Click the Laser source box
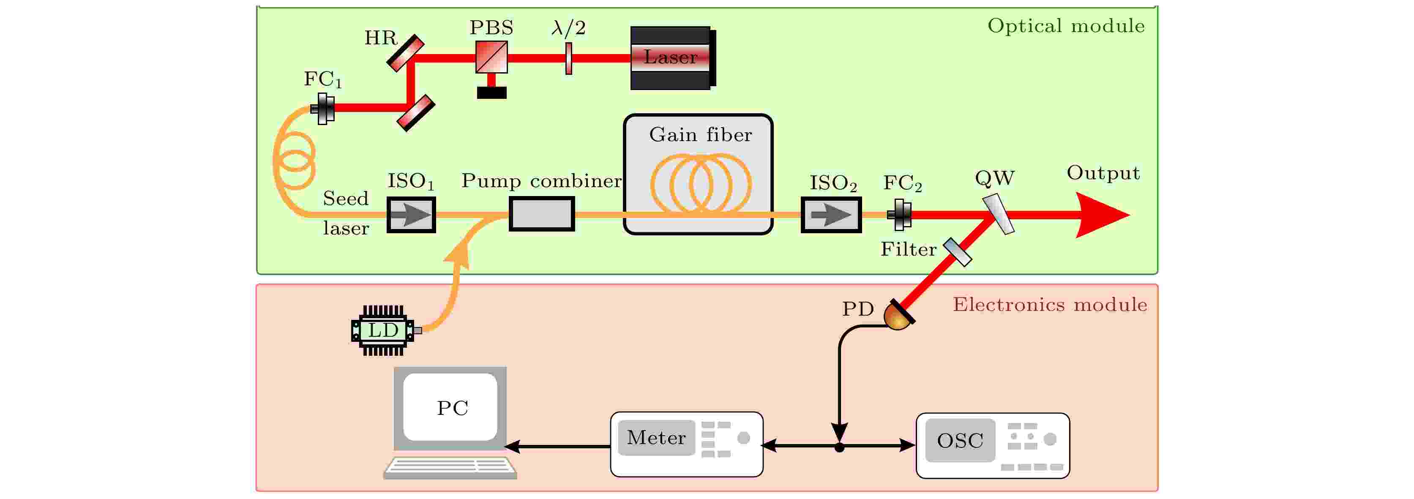tap(671, 57)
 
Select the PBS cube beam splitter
tap(491, 57)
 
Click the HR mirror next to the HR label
tap(406, 53)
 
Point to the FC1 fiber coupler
tap(323, 109)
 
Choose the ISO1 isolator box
tap(411, 215)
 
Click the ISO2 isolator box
tap(831, 215)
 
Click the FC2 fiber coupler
tap(900, 215)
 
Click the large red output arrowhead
tap(1100, 215)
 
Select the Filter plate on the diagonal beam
tap(957, 252)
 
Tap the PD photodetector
tap(898, 316)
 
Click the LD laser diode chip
tap(382, 330)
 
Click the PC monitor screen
tap(450, 407)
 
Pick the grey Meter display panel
tap(657, 437)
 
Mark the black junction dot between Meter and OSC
tap(839, 448)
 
